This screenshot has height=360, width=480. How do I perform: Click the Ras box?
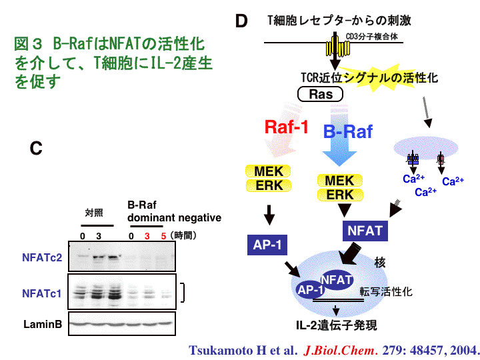point(321,94)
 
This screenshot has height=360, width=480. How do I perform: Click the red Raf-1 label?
point(287,126)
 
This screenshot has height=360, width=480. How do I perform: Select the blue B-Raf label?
point(348,131)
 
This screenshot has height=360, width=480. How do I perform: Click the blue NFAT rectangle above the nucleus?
point(365,231)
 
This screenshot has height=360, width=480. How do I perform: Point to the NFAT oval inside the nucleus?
point(336,280)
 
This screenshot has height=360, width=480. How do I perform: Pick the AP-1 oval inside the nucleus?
point(310,291)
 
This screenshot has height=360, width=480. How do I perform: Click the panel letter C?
point(36,149)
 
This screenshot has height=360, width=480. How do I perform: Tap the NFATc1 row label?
point(42,293)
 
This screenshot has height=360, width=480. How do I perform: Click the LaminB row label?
point(43,325)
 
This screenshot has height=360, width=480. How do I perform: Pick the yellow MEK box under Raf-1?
point(269,171)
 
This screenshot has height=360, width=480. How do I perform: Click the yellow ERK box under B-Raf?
point(340,195)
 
